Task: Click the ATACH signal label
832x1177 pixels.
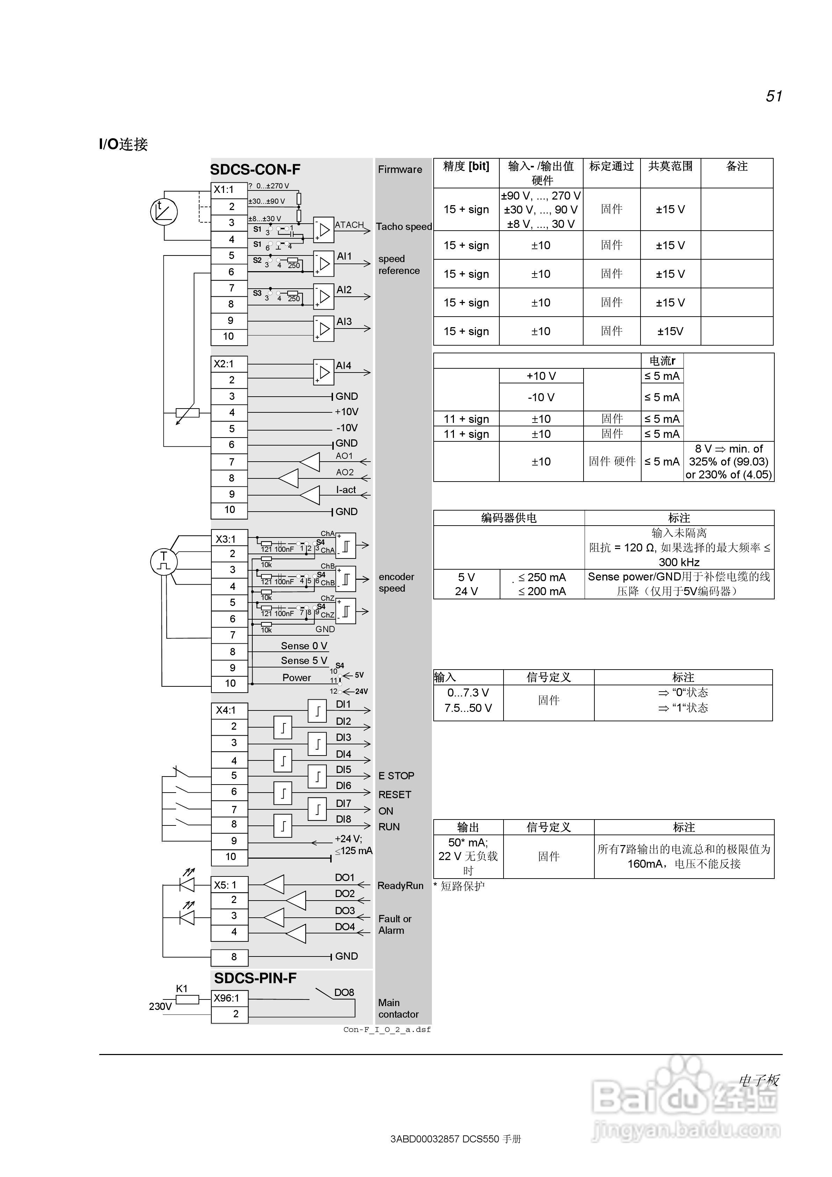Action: point(349,225)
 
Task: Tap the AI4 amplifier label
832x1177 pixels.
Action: point(343,366)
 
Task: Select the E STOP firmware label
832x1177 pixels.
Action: point(396,775)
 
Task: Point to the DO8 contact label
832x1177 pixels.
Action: point(344,992)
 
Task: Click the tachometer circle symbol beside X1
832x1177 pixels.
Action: point(164,211)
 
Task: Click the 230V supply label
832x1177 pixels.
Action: point(160,1006)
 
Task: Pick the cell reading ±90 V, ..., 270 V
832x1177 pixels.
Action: point(541,196)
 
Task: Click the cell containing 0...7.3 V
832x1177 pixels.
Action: point(468,693)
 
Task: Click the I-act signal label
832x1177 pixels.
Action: point(346,490)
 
